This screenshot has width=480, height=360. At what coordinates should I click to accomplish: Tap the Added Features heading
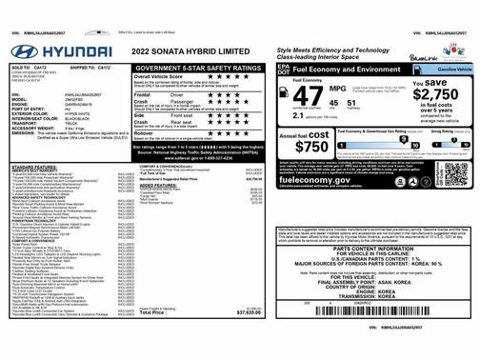[157, 185]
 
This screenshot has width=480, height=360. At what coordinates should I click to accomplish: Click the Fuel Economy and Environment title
[337, 70]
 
